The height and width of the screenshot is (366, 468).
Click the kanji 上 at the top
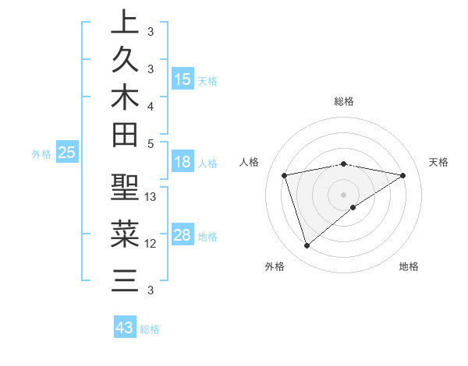pos(125,22)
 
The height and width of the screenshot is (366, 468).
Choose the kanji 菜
pos(125,234)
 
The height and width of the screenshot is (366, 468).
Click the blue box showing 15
pos(183,79)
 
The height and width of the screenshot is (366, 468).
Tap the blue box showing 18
pos(183,162)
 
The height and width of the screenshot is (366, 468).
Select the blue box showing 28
pos(183,235)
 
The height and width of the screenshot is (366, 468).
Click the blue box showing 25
pos(67,153)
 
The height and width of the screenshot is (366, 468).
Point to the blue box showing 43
pos(125,328)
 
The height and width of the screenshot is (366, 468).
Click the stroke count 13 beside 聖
pos(151,197)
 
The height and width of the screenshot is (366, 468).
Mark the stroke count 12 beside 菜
pos(151,243)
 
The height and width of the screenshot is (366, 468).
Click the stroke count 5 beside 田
pos(151,143)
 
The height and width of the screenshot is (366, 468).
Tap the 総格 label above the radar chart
pos(344,101)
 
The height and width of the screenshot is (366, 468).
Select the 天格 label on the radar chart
pos(438,162)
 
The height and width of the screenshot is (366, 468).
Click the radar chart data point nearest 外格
pos(307,246)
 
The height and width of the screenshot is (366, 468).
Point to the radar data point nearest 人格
pos(285,175)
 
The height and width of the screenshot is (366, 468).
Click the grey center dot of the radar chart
pos(344,194)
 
